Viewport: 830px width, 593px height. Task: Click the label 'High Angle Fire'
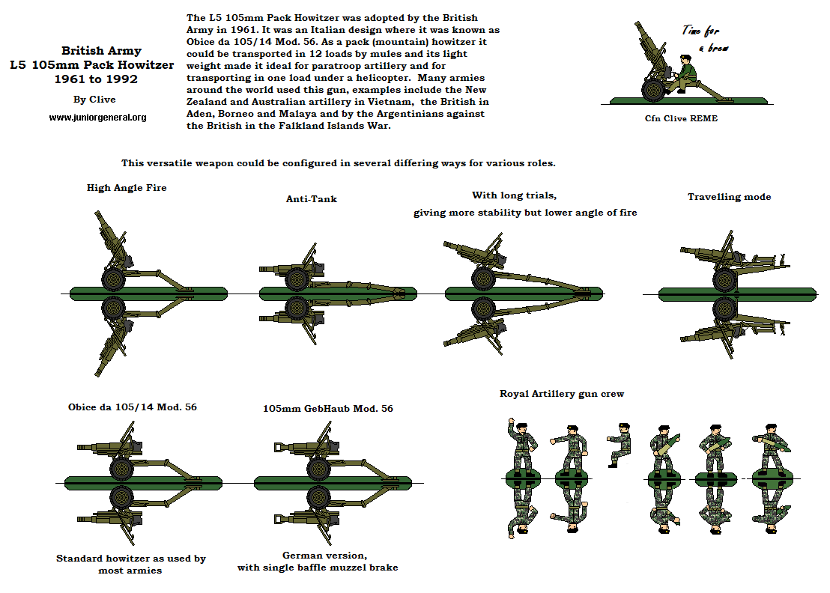tap(126, 188)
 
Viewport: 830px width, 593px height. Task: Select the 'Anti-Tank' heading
tap(312, 198)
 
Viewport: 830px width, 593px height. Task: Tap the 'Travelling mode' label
tap(729, 197)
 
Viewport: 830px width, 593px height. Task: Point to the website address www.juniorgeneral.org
tap(97, 118)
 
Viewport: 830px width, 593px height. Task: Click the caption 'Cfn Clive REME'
tap(681, 118)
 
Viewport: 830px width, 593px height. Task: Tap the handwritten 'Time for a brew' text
tap(703, 38)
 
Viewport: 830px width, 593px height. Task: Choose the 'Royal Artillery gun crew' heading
tap(562, 393)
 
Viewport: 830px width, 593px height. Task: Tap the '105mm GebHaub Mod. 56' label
tap(327, 408)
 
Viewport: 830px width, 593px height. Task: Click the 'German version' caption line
tap(324, 555)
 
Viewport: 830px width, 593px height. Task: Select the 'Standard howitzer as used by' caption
tap(131, 558)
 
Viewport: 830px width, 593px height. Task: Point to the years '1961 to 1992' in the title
tap(90, 79)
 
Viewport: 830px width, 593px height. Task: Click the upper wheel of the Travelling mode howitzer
tap(724, 279)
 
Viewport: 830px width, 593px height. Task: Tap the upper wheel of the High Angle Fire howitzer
tap(112, 279)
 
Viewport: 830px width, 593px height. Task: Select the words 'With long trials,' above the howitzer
tap(513, 195)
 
